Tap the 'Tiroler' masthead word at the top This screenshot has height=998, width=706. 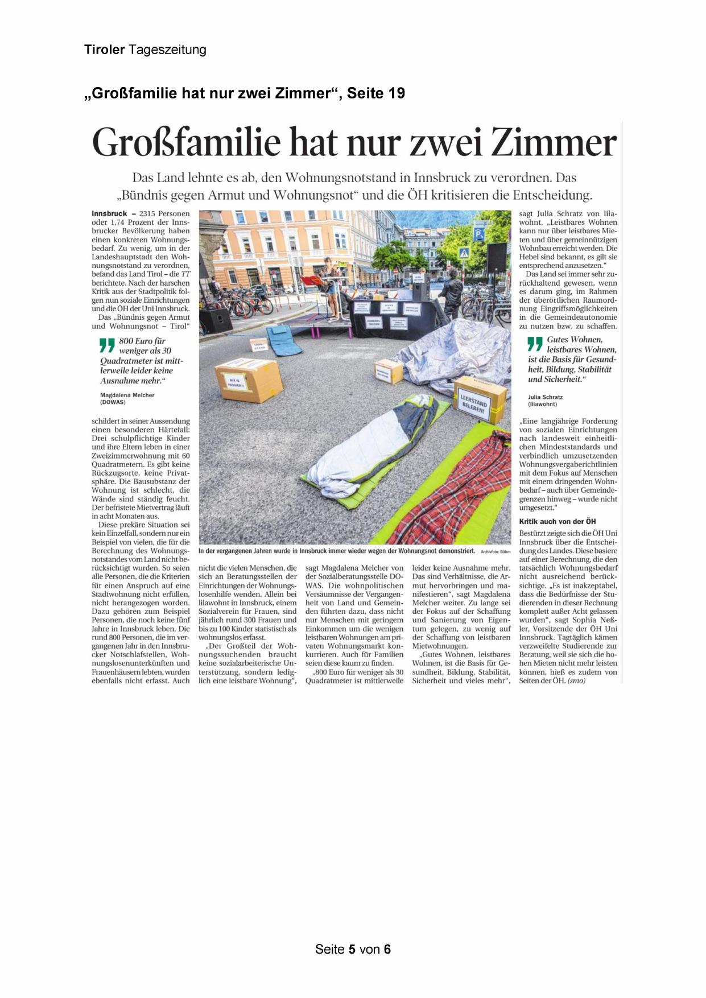[x=104, y=50]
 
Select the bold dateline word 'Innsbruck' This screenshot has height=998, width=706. [x=109, y=214]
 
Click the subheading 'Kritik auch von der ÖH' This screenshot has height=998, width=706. [x=558, y=521]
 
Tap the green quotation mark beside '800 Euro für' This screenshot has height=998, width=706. [x=106, y=346]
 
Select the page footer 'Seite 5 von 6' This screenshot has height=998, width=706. [x=353, y=949]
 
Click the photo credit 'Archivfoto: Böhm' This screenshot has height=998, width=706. [x=496, y=552]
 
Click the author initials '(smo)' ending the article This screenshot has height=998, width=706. [x=576, y=681]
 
